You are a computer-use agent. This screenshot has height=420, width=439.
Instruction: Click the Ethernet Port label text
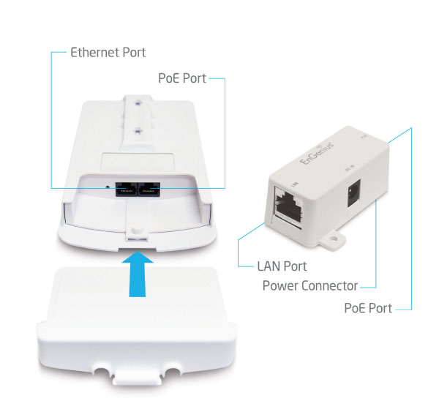[x=108, y=53]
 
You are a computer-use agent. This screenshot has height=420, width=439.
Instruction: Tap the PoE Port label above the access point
[x=183, y=76]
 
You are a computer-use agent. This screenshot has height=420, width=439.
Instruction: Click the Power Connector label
[x=310, y=285]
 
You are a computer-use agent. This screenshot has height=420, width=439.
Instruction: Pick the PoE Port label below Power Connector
[x=368, y=308]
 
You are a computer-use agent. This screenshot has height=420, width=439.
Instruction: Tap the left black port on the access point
[x=125, y=187]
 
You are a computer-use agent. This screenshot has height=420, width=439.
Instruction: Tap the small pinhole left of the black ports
[x=108, y=186]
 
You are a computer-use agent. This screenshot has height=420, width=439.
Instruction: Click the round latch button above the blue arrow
[x=135, y=232]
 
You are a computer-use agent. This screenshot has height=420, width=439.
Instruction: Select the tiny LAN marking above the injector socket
[x=274, y=180]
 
